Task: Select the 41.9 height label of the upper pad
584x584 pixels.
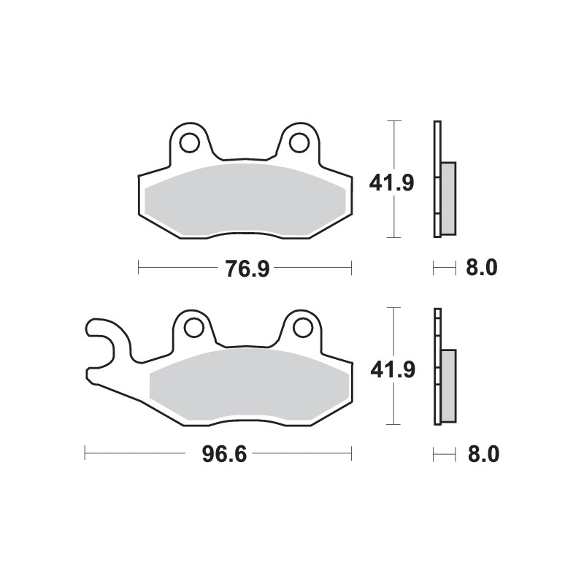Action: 392,182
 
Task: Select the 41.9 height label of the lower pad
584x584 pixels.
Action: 392,370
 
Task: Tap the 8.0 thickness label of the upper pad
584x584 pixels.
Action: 481,269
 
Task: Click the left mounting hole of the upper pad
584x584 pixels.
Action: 189,142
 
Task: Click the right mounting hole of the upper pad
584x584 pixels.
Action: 299,142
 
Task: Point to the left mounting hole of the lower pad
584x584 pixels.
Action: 194,328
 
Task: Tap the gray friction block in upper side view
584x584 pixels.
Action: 447,198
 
